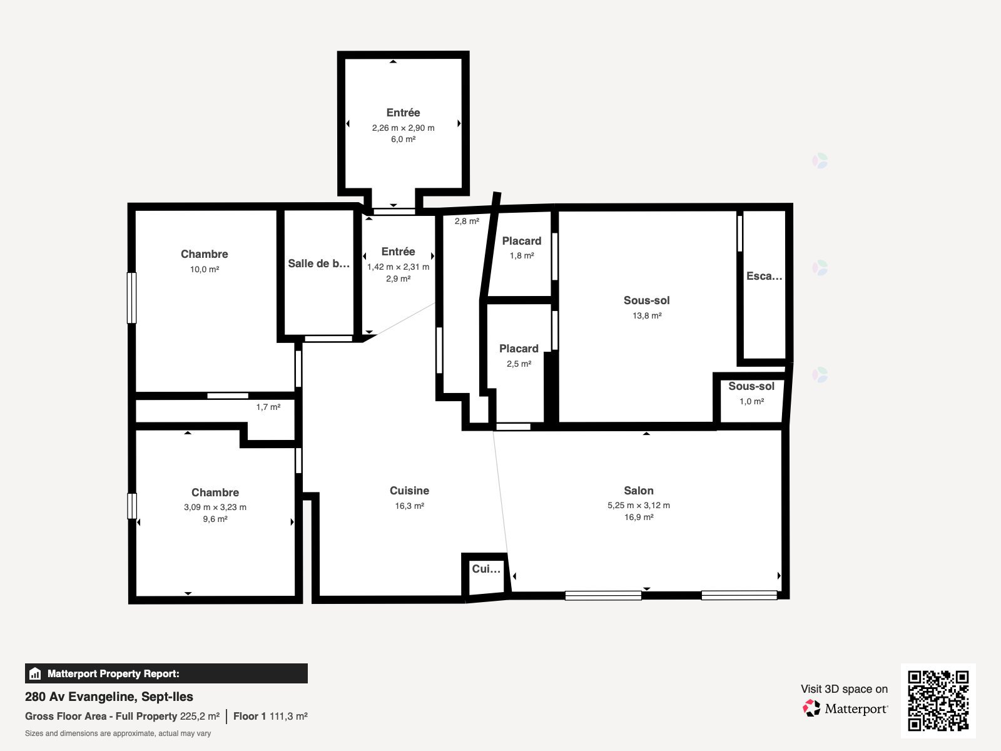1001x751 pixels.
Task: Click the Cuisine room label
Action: coord(410,491)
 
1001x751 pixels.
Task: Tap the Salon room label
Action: coord(639,491)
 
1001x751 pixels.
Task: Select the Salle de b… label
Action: coord(319,263)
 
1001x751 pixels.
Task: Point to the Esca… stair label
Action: coord(765,276)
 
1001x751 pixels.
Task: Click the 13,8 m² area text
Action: coord(647,315)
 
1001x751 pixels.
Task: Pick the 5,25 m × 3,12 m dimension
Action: coord(639,505)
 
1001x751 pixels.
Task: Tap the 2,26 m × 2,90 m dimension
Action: coord(403,128)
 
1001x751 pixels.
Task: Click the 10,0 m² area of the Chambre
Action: coord(205,270)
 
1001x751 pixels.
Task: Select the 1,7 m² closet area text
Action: coord(268,407)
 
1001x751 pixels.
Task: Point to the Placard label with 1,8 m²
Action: coord(522,241)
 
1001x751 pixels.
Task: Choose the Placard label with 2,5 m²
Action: coord(519,349)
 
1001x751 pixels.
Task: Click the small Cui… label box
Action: coord(486,569)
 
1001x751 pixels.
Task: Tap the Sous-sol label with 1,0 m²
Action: coord(751,386)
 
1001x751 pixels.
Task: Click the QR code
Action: coord(938,700)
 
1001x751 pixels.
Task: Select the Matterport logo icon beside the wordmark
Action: coord(811,708)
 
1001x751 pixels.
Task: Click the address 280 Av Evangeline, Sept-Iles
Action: coord(109,697)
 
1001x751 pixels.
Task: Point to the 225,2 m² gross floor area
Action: coord(200,717)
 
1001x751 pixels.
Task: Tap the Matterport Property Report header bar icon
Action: coord(35,673)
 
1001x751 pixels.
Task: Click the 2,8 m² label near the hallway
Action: coord(467,222)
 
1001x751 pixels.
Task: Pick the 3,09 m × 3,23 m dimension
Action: coord(215,507)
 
